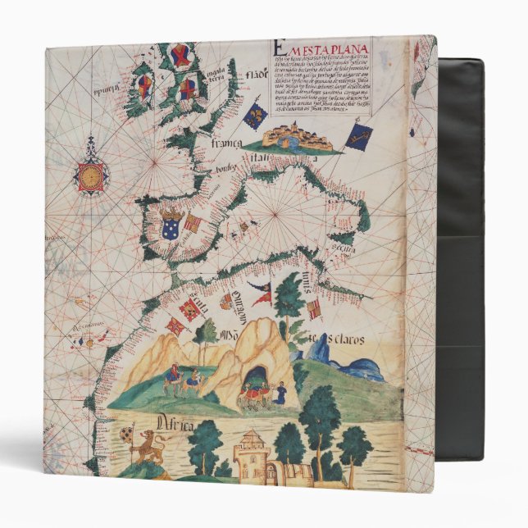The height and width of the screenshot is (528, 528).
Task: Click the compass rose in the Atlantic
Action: (x=91, y=174)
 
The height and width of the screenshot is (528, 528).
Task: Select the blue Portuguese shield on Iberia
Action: (x=172, y=226)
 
